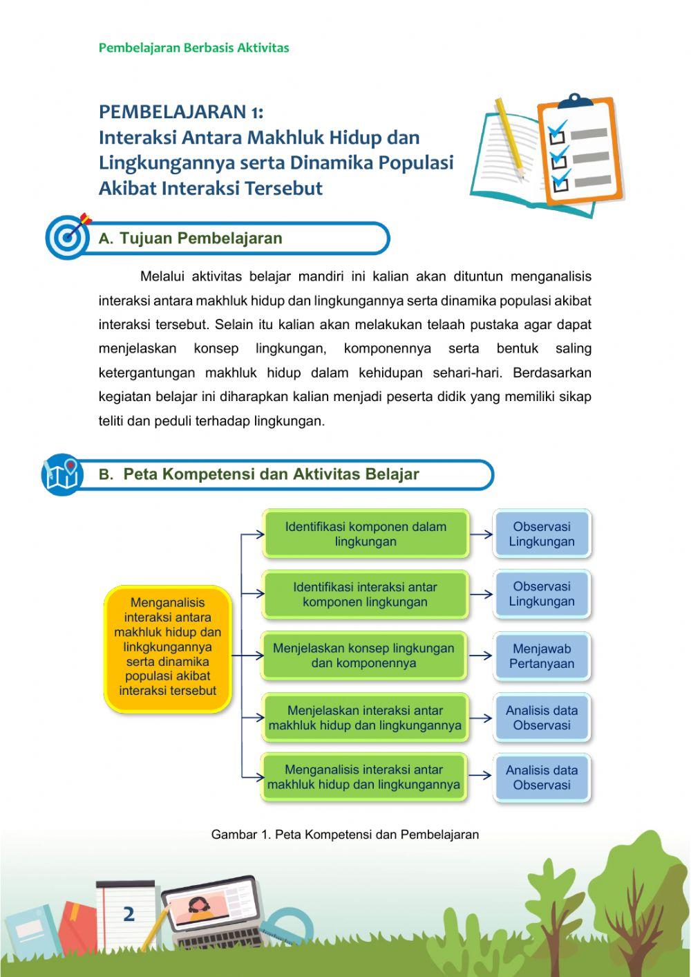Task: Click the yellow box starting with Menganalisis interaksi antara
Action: click(x=167, y=648)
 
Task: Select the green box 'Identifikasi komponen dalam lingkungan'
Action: click(x=366, y=534)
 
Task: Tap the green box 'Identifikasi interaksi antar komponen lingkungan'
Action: click(x=366, y=594)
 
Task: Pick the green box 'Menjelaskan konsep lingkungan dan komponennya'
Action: click(x=364, y=655)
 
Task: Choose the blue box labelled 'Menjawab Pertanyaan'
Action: click(x=542, y=656)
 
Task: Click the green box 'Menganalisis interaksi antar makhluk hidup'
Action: click(x=363, y=777)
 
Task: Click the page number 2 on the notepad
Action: click(x=129, y=914)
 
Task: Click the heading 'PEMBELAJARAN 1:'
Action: click(x=181, y=111)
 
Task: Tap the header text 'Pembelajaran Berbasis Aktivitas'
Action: click(x=193, y=48)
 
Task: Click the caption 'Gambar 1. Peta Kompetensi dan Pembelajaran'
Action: click(x=345, y=835)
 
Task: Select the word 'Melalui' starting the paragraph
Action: click(x=162, y=277)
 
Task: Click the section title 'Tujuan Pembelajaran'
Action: click(x=200, y=239)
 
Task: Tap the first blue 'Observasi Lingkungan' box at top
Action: click(x=542, y=534)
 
